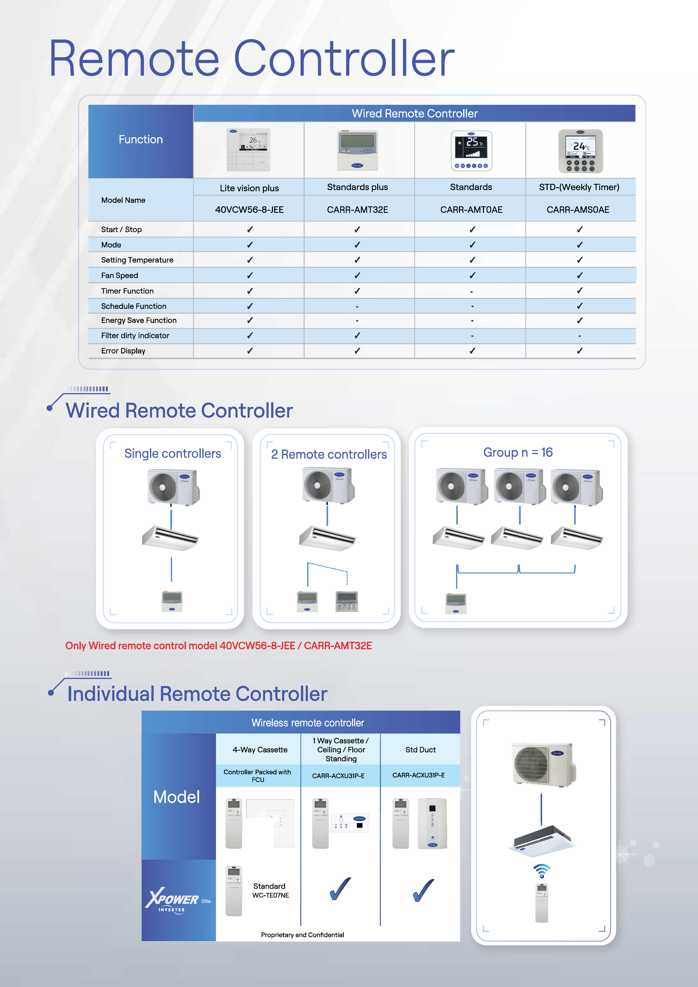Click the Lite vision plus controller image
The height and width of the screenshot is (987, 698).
pyautogui.click(x=249, y=150)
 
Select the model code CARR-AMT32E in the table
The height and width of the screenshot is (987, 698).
pyautogui.click(x=357, y=210)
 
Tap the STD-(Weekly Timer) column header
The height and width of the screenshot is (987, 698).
pyautogui.click(x=579, y=187)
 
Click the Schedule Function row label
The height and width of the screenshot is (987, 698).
pyautogui.click(x=134, y=306)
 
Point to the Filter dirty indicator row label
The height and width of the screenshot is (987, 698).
pyautogui.click(x=135, y=335)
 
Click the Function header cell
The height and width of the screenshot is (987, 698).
pyautogui.click(x=141, y=140)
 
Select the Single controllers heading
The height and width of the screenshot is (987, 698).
pyautogui.click(x=172, y=453)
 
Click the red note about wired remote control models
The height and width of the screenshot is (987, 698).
pyautogui.click(x=219, y=646)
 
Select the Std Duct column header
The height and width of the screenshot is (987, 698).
pyautogui.click(x=420, y=750)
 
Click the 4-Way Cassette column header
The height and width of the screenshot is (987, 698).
pyautogui.click(x=260, y=750)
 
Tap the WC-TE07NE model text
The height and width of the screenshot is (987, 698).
pyautogui.click(x=271, y=895)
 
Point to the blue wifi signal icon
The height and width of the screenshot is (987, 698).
pyautogui.click(x=541, y=871)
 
